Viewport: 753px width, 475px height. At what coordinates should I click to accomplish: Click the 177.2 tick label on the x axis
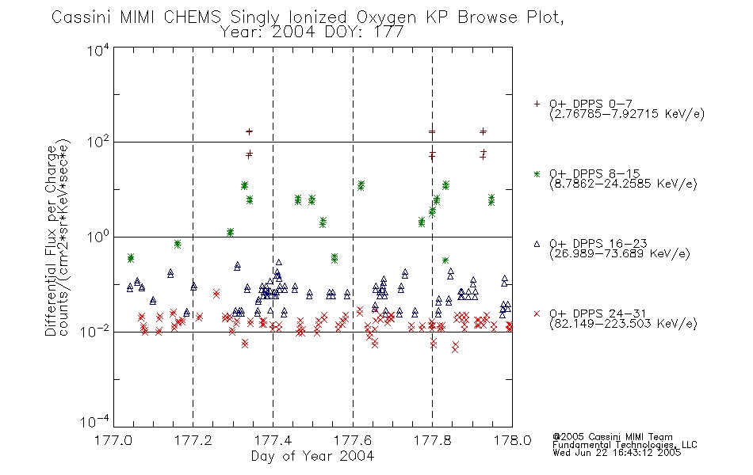[x=193, y=440]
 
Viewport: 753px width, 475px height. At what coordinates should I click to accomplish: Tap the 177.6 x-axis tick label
[x=353, y=440]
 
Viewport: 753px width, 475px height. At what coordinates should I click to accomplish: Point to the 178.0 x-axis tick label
[x=512, y=440]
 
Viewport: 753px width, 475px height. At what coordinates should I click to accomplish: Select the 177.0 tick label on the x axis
[x=113, y=440]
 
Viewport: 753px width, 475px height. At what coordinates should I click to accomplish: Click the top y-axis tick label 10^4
[x=98, y=50]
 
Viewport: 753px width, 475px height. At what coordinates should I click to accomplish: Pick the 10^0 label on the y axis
[x=98, y=237]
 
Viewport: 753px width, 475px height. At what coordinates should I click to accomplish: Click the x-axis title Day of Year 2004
[x=312, y=456]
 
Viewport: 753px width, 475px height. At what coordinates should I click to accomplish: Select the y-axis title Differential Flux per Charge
[x=51, y=241]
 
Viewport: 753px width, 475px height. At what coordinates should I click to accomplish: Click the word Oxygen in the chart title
[x=386, y=17]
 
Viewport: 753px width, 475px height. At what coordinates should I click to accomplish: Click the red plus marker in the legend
[x=537, y=104]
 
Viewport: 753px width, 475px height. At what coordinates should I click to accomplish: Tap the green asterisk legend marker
[x=537, y=173]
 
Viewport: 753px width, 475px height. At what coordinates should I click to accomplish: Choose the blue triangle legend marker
[x=537, y=244]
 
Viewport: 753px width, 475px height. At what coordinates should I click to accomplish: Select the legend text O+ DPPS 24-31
[x=598, y=313]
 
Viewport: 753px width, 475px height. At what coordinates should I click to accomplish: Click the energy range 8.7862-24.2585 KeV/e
[x=623, y=184]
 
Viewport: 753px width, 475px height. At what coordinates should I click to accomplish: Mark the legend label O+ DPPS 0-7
[x=591, y=104]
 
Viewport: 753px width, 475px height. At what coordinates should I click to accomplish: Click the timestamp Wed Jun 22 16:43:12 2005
[x=617, y=453]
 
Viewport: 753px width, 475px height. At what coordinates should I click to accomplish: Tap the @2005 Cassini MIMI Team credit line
[x=612, y=437]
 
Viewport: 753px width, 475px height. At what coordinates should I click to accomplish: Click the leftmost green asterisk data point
[x=131, y=258]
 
